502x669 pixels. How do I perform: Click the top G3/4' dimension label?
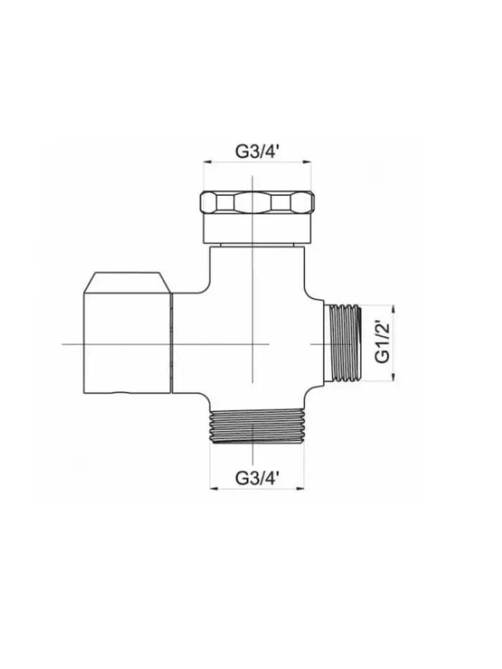tap(257, 151)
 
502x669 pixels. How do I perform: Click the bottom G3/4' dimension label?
tap(257, 478)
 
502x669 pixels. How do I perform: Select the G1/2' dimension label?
tap(383, 342)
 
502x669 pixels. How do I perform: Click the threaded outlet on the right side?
tap(344, 343)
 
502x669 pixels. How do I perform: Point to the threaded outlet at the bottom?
tap(257, 427)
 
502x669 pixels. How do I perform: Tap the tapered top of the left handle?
tap(128, 283)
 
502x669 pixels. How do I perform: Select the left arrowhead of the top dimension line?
tap(207, 162)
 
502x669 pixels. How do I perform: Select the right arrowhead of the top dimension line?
tap(307, 162)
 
